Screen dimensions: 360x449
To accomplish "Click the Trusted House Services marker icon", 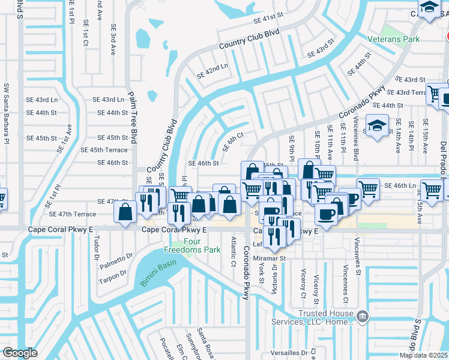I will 362,316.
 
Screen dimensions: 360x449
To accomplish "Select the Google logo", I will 20,353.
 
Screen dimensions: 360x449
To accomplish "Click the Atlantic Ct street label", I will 234,250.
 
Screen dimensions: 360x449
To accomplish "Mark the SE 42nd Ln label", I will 213,71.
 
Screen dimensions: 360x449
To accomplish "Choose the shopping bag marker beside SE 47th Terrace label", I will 125,212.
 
